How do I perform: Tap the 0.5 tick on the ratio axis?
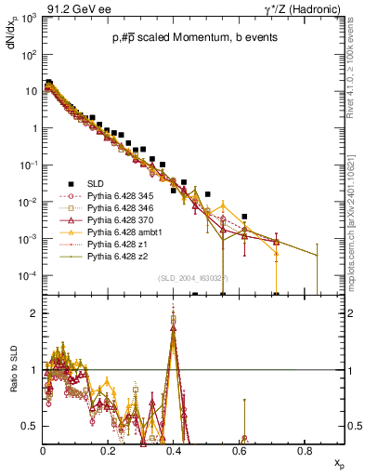point(32,427)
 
